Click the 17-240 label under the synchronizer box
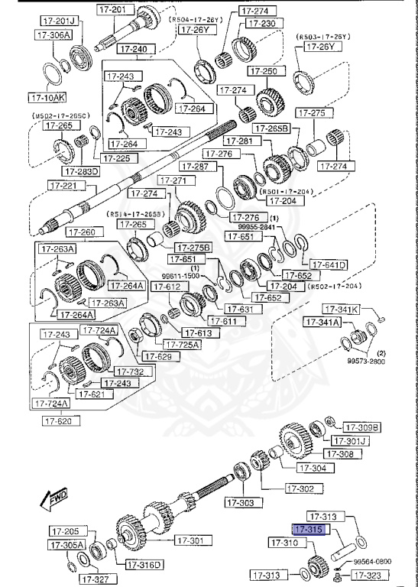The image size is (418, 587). (133, 49)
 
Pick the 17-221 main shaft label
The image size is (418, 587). (65, 185)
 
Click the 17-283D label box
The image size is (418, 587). (82, 171)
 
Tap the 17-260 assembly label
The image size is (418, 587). (81, 232)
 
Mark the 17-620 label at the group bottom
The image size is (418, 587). (63, 420)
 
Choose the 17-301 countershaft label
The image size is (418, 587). (193, 540)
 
